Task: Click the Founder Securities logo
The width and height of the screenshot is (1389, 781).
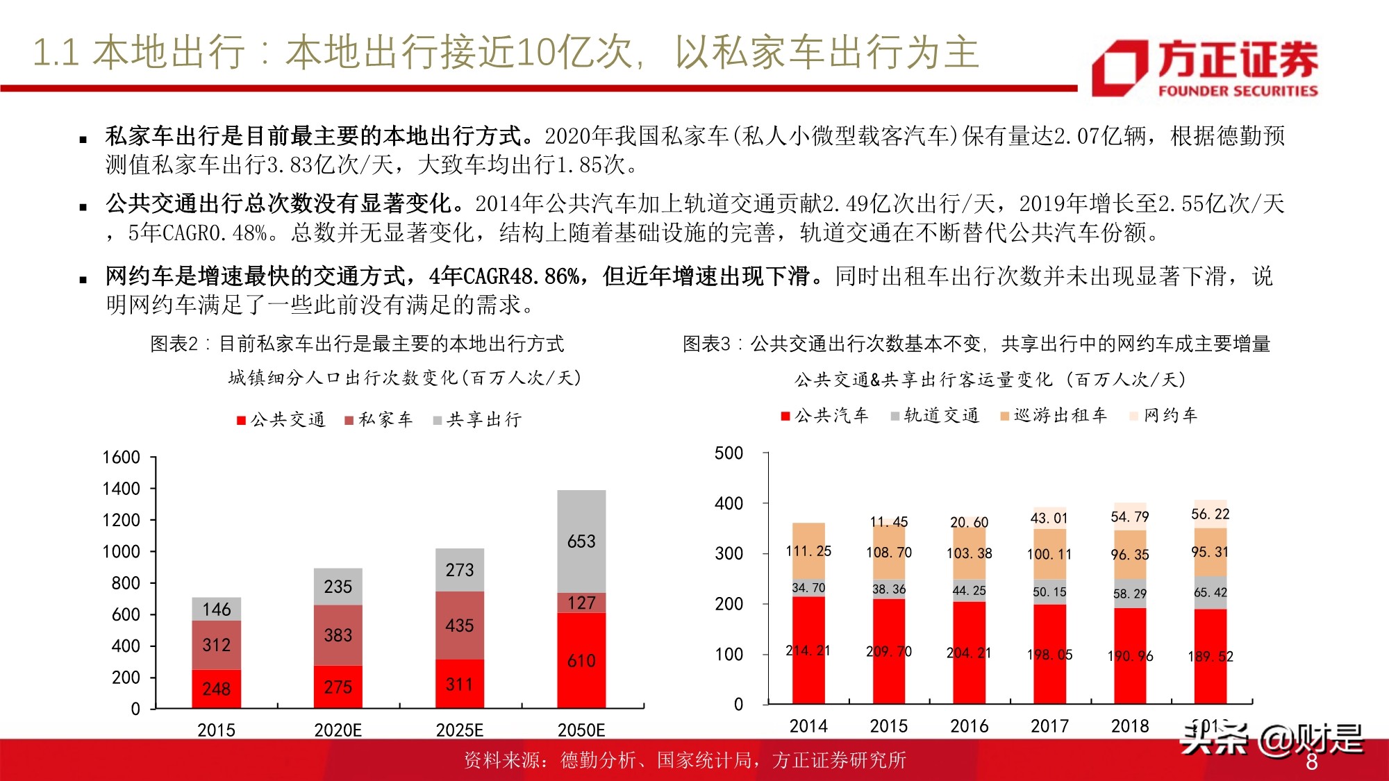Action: tap(1205, 67)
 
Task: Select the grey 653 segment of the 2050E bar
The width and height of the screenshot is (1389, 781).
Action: tap(581, 541)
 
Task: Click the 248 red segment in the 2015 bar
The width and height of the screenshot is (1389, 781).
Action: tap(216, 689)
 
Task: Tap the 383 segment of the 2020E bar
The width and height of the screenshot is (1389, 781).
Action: tap(338, 635)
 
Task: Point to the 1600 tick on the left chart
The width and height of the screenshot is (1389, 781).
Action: tap(122, 457)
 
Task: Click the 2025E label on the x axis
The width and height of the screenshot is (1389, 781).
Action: tap(459, 730)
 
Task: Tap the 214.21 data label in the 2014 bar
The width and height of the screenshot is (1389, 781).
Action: tap(808, 650)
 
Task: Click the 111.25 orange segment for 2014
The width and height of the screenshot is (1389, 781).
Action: tap(808, 551)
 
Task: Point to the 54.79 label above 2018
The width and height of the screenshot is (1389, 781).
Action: tap(1129, 517)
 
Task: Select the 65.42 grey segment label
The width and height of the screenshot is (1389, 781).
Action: tap(1210, 592)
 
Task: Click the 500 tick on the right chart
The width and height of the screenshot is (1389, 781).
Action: tap(729, 453)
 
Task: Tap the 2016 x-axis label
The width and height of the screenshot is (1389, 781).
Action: tap(969, 725)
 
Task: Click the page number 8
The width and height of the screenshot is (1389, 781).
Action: tap(1311, 762)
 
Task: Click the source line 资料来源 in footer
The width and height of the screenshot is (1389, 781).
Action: tap(684, 760)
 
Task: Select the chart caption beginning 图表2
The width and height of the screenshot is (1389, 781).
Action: tap(357, 344)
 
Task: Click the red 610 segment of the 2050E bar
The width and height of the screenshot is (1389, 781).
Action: tap(581, 660)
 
